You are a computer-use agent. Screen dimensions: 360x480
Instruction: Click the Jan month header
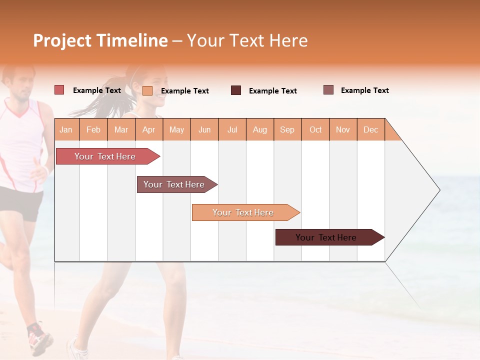coord(66,129)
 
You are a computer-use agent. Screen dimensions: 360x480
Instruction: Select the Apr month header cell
coord(148,129)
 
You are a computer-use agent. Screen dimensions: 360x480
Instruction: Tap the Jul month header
coord(232,129)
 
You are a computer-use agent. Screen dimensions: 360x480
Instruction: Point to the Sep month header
coord(287,129)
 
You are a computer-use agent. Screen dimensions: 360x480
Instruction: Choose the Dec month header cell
coord(370,129)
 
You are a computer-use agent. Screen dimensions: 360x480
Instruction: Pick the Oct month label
coord(315,129)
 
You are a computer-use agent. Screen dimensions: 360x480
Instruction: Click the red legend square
coord(59,90)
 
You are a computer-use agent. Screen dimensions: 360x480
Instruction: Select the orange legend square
coord(147,90)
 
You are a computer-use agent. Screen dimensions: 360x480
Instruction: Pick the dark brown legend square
coord(236,90)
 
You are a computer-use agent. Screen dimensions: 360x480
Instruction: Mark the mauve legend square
coord(328,90)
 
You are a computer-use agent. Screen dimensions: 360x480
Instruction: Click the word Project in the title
coord(62,40)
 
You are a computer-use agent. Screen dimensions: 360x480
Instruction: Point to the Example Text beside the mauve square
coord(364,90)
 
